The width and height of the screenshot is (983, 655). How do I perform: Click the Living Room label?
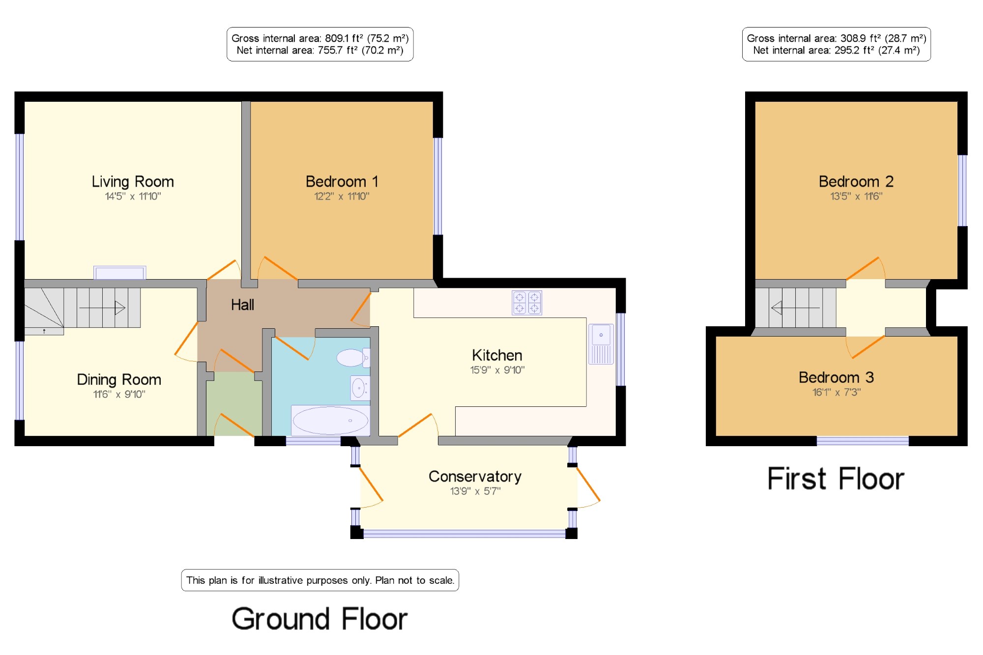[x=133, y=182]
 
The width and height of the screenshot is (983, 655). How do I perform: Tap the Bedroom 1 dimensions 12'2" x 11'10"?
[x=342, y=197]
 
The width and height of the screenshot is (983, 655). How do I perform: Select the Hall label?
[x=242, y=305]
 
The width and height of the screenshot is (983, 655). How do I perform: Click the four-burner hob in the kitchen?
[x=527, y=302]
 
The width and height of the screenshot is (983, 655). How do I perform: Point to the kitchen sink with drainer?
[x=601, y=344]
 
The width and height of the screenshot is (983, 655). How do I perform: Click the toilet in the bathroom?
[x=353, y=358]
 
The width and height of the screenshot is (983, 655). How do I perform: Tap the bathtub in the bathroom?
[x=330, y=420]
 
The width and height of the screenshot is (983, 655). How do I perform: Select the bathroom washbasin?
[x=360, y=388]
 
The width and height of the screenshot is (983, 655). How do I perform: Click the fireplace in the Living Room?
[x=120, y=273]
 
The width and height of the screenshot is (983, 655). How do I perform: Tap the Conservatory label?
[x=475, y=476]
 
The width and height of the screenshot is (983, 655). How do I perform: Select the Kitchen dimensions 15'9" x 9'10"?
[x=497, y=370]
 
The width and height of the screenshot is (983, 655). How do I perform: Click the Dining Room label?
[x=119, y=379]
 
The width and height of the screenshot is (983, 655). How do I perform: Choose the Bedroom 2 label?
[x=856, y=181]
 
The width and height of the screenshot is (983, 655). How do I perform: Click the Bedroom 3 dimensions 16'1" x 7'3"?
[x=837, y=392]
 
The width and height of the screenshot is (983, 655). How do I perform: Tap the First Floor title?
[x=836, y=479]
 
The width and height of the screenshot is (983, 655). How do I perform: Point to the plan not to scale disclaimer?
[x=320, y=580]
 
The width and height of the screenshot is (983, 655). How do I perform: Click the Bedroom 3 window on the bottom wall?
[x=863, y=441]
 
